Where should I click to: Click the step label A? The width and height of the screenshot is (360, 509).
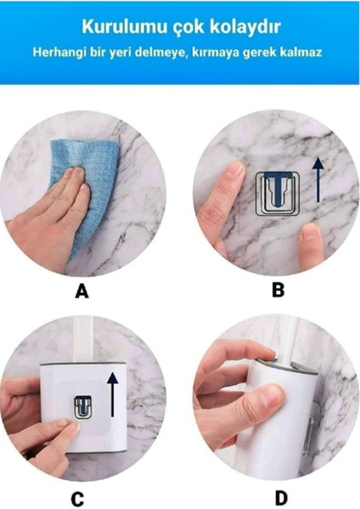tap(82, 290)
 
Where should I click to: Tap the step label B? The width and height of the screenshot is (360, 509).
tap(278, 289)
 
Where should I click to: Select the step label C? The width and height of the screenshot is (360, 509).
tap(77, 500)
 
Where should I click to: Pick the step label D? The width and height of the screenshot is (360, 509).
tap(281, 498)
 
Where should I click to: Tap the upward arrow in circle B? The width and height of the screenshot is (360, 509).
tap(318, 179)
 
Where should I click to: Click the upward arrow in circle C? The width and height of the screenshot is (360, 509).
tap(112, 394)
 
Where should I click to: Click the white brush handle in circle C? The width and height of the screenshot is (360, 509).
tap(84, 338)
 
